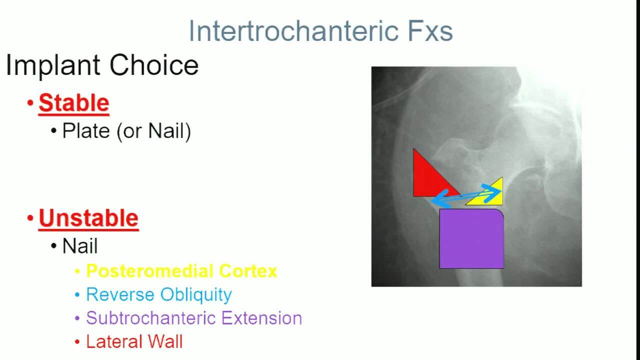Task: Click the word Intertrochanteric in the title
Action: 293,31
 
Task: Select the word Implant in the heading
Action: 53,65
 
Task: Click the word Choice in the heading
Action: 154,65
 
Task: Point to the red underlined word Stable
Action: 74,103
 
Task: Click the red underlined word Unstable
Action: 88,218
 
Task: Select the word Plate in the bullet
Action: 86,131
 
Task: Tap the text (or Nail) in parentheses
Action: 153,131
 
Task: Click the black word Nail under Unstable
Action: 80,245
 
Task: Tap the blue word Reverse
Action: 120,294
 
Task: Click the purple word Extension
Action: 261,318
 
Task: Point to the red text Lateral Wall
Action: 134,341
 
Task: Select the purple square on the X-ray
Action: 471,238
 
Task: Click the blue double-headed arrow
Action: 466,195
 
